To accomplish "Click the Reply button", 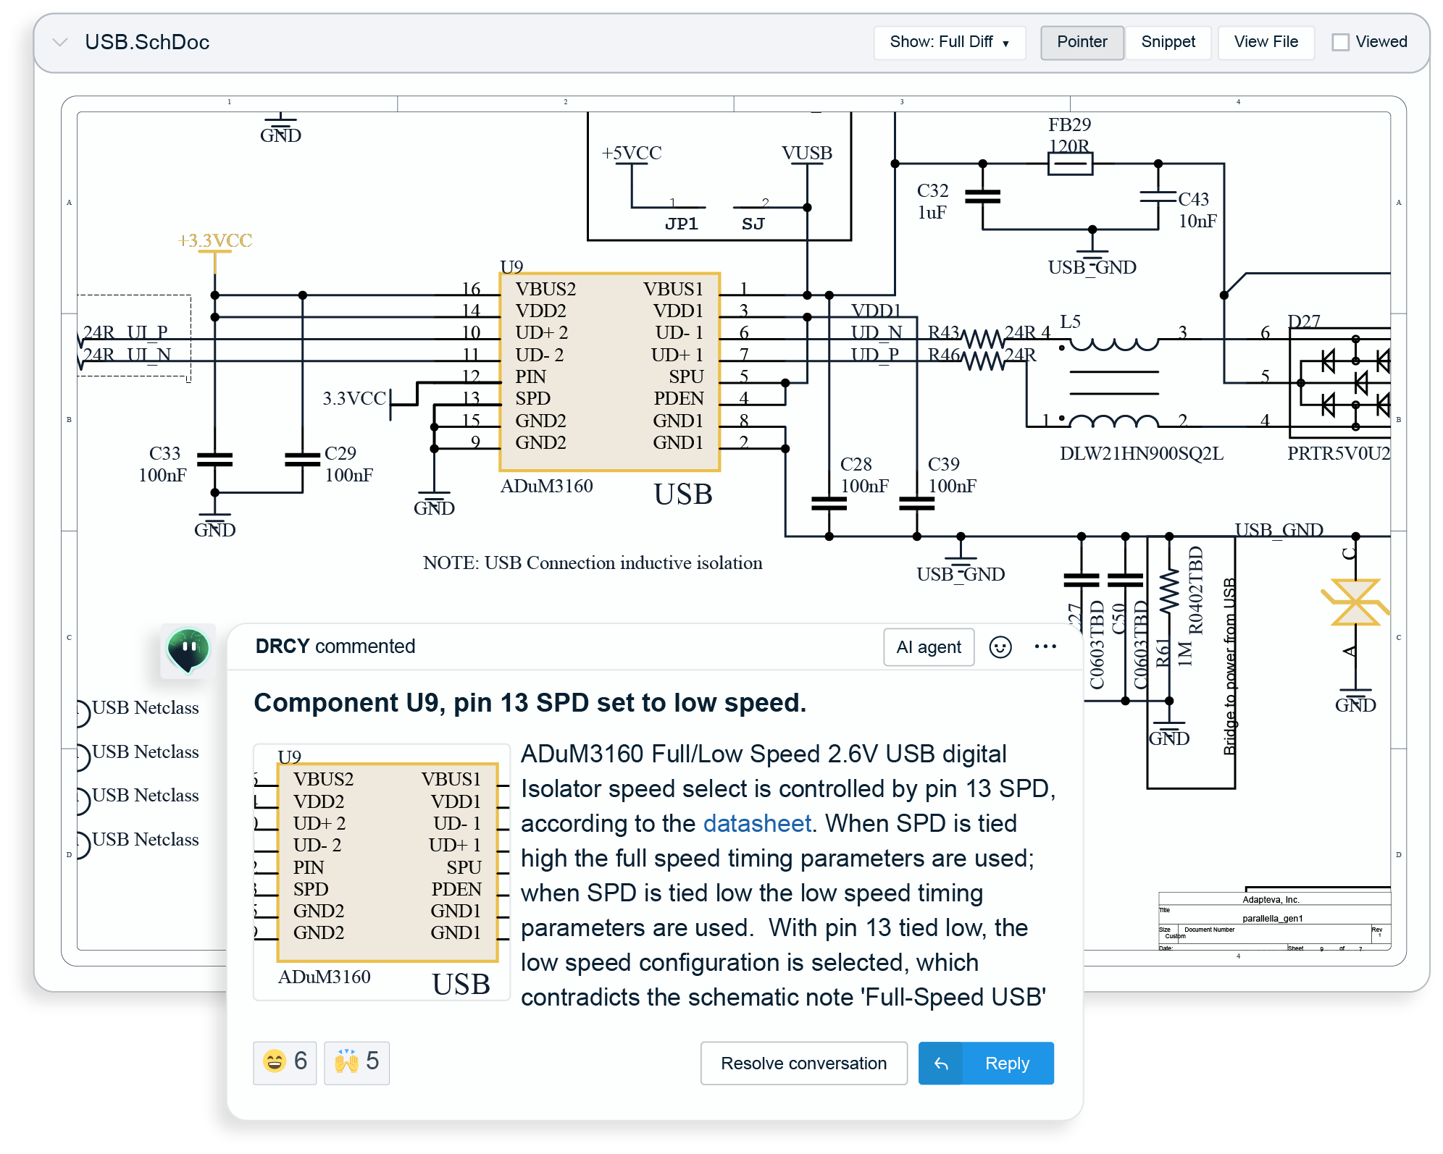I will (x=986, y=1063).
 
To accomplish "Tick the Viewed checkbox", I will (x=1341, y=42).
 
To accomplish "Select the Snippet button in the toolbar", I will (x=1168, y=42).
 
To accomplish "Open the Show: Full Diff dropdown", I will (x=949, y=42).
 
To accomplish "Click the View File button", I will (x=1266, y=42).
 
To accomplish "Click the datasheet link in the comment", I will (x=756, y=823).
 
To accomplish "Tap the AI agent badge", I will (x=929, y=647).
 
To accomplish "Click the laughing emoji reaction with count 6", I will (x=285, y=1062).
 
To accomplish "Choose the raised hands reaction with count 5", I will (x=356, y=1062).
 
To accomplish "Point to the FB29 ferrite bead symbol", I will (x=1070, y=164).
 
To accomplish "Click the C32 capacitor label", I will (x=932, y=190).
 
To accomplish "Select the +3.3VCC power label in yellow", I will (x=215, y=240).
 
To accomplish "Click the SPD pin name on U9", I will (x=532, y=398).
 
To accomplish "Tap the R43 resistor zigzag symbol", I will (x=982, y=338).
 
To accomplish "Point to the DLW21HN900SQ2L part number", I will (x=1141, y=453).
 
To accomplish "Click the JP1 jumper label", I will (x=681, y=224).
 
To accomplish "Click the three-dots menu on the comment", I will (x=1045, y=647).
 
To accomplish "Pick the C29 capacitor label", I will (x=340, y=453).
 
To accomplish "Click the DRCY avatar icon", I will (x=188, y=649).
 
